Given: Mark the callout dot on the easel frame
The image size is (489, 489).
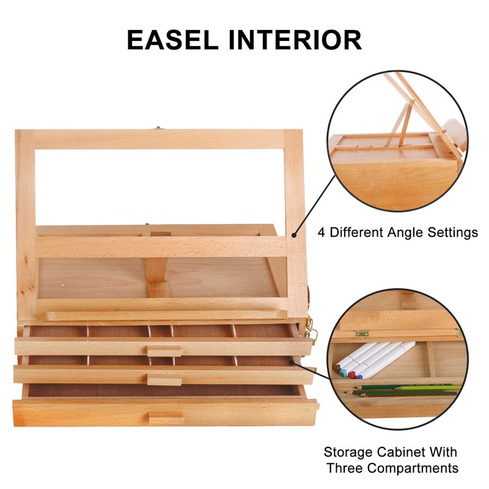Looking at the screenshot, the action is [294, 234].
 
